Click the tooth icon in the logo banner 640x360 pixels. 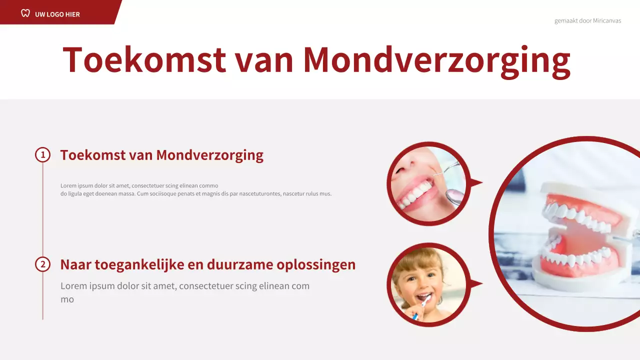(x=25, y=13)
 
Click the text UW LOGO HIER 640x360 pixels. (x=57, y=14)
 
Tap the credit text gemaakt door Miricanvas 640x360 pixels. (x=587, y=21)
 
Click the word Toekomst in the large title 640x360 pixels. (x=144, y=60)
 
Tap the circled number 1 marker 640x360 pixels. (x=43, y=155)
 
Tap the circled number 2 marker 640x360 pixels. (x=43, y=264)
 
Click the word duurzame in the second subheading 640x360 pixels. (x=235, y=265)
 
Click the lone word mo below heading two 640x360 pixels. (x=67, y=299)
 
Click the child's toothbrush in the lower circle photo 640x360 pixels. (x=421, y=305)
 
